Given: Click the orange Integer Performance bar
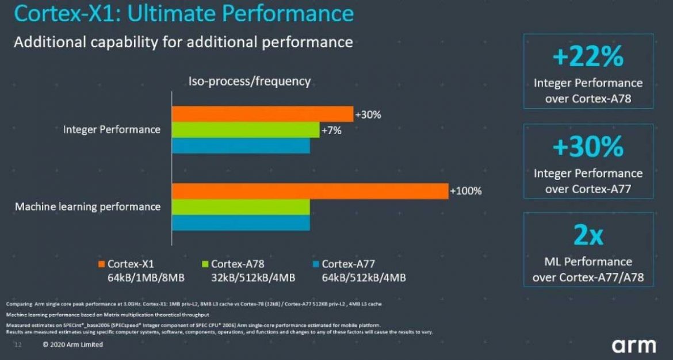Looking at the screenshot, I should (262, 114).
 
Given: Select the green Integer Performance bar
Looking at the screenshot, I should (246, 130).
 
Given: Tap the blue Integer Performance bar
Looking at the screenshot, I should (241, 145).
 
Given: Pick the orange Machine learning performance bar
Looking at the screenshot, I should (310, 191).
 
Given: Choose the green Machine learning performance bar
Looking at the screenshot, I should (241, 206).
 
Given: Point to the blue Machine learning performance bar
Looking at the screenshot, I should (241, 222).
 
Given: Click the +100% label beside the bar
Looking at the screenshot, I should (465, 191).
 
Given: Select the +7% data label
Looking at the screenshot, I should (331, 131).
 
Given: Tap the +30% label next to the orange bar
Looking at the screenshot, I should (368, 114).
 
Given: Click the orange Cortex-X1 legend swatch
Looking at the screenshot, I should (101, 265).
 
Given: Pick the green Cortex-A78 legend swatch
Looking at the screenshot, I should (205, 265).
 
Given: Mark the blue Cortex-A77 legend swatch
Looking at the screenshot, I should (315, 265).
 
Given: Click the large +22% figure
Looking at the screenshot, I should (587, 58).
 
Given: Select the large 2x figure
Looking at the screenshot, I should (587, 236).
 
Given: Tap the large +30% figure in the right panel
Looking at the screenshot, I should (587, 147).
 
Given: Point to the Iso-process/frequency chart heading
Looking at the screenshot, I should (250, 82).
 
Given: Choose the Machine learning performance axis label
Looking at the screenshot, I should (87, 206).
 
